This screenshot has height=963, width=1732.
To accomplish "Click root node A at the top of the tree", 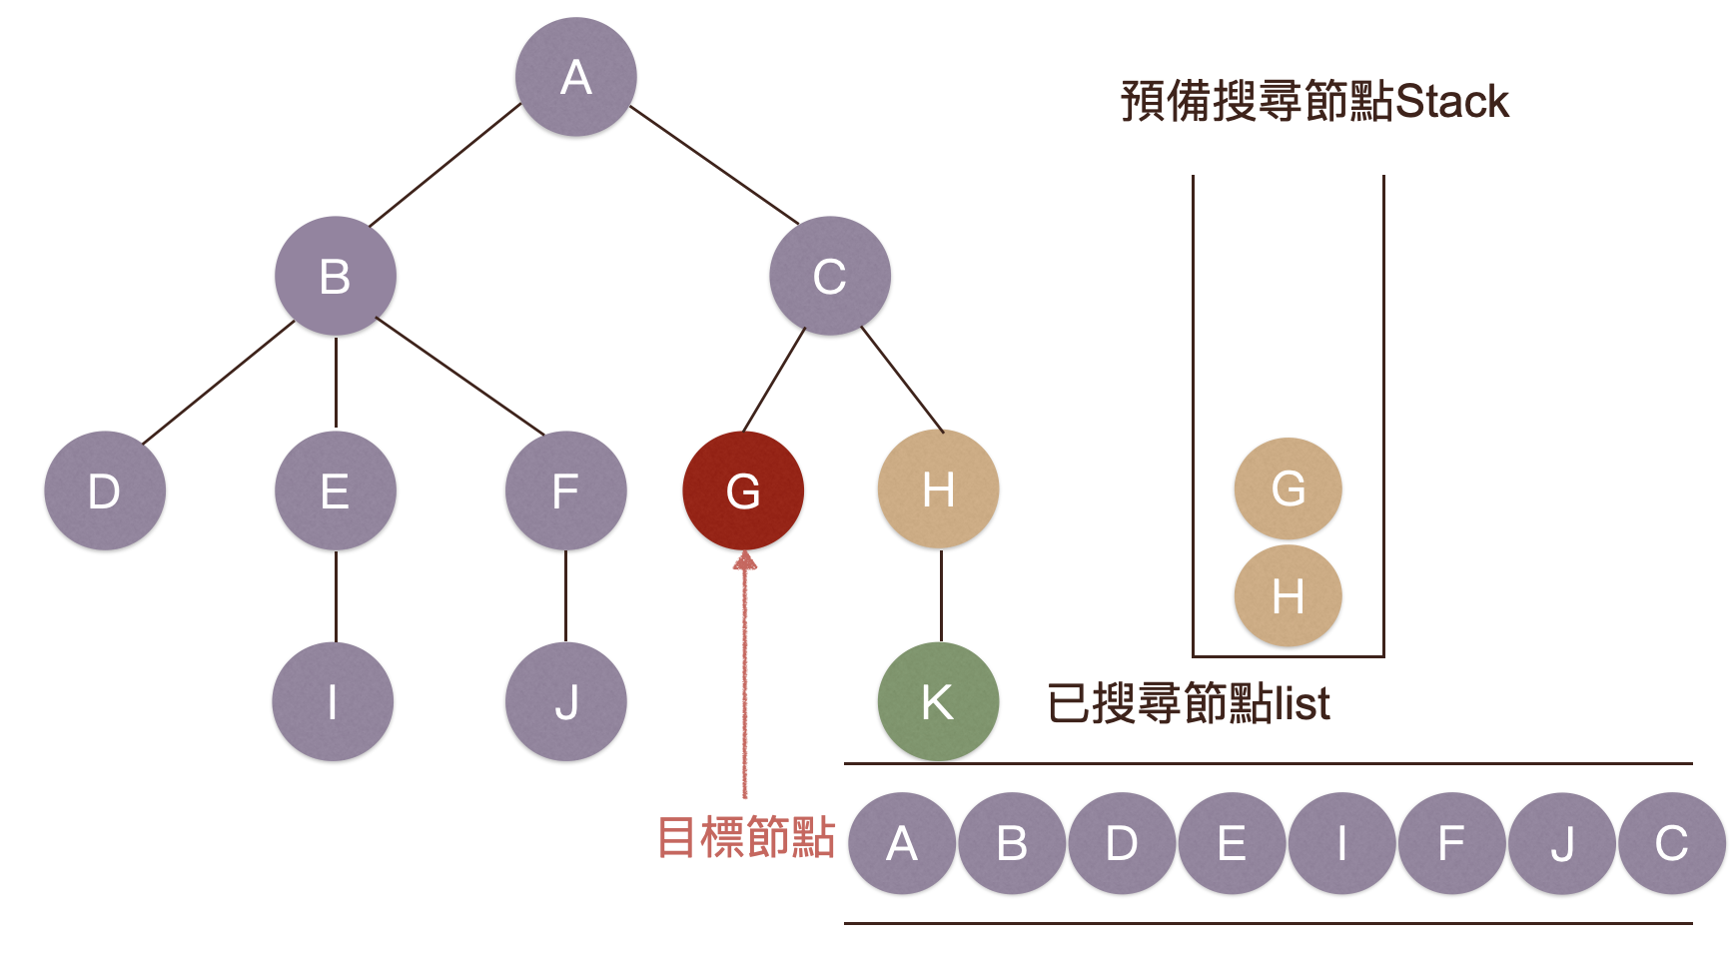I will point(576,77).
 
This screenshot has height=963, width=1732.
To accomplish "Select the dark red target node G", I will point(743,490).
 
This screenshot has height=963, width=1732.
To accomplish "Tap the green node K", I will point(938,701).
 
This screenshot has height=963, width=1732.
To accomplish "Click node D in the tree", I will point(105,490).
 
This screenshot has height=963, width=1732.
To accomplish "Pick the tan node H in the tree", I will point(938,489).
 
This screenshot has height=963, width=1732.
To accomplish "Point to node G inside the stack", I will point(1289,488).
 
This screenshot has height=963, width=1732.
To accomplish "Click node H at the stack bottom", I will point(1289,596).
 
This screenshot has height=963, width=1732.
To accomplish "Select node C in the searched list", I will point(1671,843).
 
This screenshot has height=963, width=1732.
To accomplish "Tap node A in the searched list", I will point(902,843).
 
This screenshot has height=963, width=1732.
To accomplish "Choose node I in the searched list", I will point(1341,843).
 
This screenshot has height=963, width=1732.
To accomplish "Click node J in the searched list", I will point(1561,843).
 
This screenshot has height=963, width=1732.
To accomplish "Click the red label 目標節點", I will point(746,837).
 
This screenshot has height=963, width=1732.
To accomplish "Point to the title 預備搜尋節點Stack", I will point(1314,101).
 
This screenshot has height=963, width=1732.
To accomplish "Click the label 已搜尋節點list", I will point(1189,703).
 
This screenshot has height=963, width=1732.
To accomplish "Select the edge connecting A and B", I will point(445,165).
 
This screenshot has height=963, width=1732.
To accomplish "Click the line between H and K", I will point(941,595).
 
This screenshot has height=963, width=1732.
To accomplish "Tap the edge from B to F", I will point(459,376).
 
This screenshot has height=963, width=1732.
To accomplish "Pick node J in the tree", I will point(566,701).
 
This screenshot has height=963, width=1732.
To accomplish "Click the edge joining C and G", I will point(774,380).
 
